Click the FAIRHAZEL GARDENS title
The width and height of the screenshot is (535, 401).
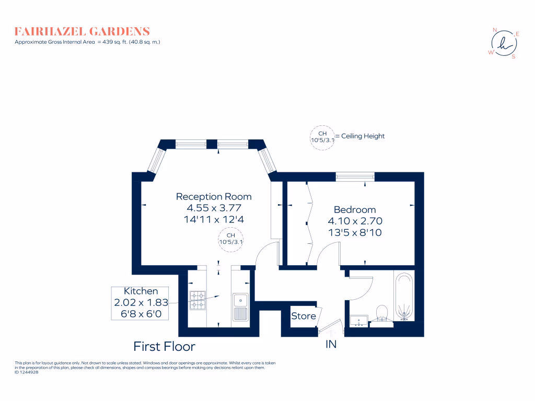[82, 31]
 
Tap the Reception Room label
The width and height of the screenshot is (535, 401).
[214, 197]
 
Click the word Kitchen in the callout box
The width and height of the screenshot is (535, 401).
[141, 291]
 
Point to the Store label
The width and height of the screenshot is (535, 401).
[304, 316]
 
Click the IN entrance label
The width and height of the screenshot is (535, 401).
[331, 344]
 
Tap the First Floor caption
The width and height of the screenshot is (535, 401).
[164, 346]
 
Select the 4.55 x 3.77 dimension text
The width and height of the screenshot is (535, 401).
[214, 208]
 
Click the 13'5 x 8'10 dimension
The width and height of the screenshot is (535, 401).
[355, 232]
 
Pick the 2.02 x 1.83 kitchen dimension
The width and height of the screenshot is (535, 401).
[141, 302]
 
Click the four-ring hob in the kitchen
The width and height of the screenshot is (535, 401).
[197, 300]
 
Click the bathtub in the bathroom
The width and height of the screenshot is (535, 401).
[404, 296]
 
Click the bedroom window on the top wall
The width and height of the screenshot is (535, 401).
[355, 176]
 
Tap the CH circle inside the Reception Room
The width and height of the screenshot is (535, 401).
[230, 240]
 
